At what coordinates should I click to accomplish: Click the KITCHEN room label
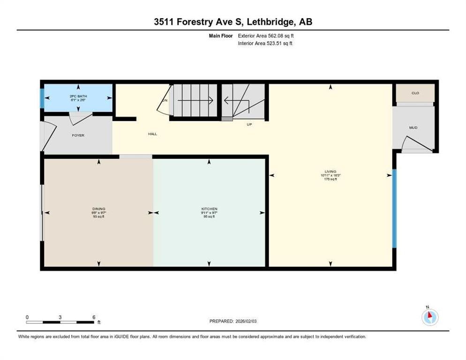pos(209,209)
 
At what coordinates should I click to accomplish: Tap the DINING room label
pos(98,209)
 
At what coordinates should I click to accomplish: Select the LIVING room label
pos(331,172)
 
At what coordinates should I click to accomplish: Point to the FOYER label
pos(78,135)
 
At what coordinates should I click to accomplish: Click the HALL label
pos(152,134)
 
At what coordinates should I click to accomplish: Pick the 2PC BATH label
pos(78,96)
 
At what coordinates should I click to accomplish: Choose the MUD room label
pos(413,127)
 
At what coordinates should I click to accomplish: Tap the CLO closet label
pos(415,93)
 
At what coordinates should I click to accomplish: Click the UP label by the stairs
pos(249,124)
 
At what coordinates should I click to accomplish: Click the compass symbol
pos(429,317)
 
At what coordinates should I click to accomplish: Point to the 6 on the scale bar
pos(94,317)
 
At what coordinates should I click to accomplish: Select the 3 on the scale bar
pos(60,317)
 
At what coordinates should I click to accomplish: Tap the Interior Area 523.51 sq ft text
pos(265,44)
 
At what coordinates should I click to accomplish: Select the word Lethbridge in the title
pos(271,22)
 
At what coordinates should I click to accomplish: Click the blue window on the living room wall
pos(394,208)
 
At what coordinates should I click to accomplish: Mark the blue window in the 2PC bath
pos(42,98)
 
